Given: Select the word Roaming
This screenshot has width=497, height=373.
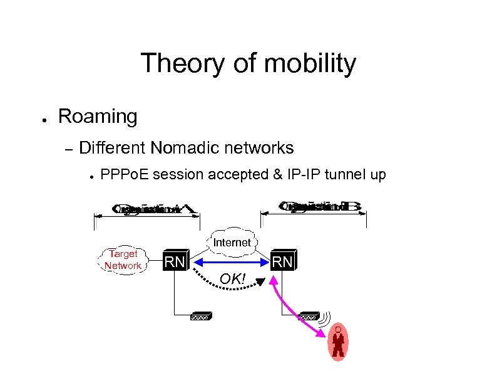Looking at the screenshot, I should coord(97,117).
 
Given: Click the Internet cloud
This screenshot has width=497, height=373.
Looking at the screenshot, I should coord(232,242).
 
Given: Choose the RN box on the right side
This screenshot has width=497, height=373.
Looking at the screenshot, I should coord(282,261).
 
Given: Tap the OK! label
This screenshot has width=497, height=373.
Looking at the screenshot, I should coord(233,279).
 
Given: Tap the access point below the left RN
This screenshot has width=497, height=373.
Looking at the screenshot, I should coord(201,316).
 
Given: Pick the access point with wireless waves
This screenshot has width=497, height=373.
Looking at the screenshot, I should coord(309,316).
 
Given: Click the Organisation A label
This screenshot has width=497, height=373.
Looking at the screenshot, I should coord(147,209).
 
